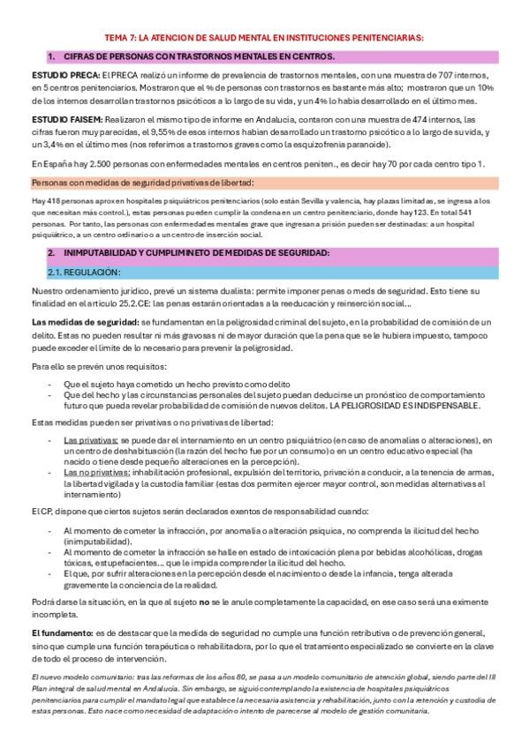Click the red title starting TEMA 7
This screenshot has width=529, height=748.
click(264, 38)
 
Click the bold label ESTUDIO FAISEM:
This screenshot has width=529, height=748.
click(67, 119)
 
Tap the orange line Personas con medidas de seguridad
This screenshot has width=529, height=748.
click(142, 183)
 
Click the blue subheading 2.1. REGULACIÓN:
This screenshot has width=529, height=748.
click(84, 272)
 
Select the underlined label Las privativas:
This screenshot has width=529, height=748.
click(91, 438)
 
